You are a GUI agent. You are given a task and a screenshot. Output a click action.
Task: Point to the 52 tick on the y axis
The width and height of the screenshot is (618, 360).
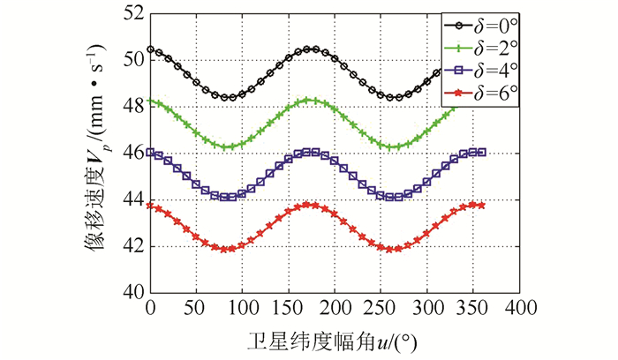point(133,15)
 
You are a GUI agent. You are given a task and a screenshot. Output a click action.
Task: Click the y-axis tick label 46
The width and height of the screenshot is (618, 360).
point(133,154)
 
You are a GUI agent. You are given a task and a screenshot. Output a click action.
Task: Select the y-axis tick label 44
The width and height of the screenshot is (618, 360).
point(133,199)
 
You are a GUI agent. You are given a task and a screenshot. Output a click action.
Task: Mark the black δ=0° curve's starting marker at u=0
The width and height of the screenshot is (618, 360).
point(151,49)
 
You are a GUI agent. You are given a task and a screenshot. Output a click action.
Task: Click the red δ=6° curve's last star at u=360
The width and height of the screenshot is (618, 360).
point(481,205)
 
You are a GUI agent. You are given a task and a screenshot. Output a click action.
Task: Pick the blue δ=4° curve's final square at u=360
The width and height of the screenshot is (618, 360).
point(481,152)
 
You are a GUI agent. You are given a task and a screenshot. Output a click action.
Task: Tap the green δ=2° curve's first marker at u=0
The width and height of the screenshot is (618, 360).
point(151,101)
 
